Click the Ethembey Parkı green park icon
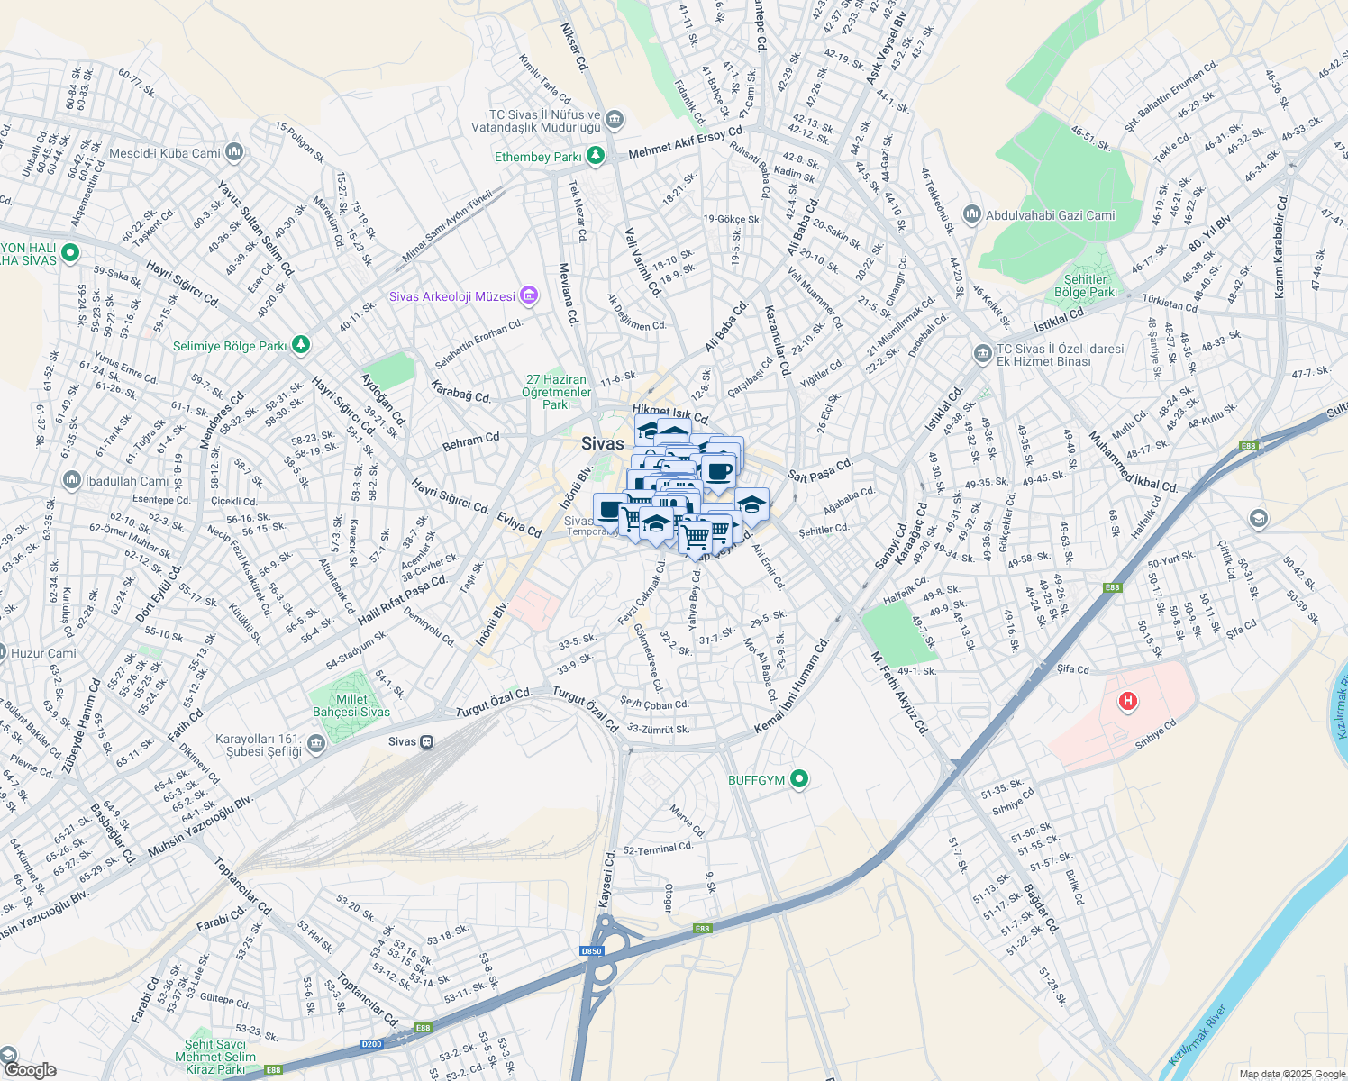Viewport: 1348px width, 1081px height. coord(595,156)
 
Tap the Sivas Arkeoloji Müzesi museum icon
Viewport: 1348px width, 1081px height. coord(529,295)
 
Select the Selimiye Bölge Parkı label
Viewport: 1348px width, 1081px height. coord(229,346)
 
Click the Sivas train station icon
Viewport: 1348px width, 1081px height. coord(427,741)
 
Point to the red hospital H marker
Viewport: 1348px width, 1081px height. coord(1126,701)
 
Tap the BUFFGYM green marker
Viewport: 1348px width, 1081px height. coord(798,779)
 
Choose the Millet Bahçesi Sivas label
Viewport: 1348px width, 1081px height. coord(351,705)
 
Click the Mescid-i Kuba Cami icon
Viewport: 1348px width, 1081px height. coord(234,152)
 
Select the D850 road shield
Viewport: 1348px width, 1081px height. coord(591,951)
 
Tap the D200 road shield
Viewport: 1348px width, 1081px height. coord(371,1044)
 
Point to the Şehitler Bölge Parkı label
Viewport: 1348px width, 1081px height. coord(1085,286)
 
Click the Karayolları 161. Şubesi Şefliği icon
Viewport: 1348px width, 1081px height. coord(315,743)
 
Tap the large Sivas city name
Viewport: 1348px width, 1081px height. coord(602,443)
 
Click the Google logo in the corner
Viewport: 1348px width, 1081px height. coord(31,1069)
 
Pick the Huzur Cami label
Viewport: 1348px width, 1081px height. coord(43,653)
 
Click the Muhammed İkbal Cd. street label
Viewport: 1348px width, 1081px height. coord(1133,462)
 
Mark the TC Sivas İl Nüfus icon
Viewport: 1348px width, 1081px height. coord(615,119)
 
